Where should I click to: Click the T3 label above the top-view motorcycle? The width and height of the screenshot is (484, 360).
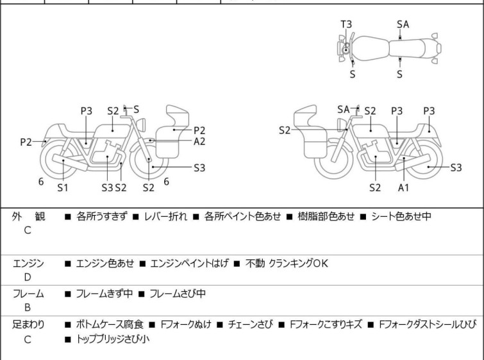[x=346, y=24]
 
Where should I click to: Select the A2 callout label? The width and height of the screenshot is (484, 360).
[x=199, y=142]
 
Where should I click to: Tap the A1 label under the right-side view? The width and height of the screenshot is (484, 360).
[x=403, y=187]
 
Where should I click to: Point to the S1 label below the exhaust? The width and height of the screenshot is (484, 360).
[x=63, y=187]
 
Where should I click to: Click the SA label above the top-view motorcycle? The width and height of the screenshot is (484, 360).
[x=403, y=24]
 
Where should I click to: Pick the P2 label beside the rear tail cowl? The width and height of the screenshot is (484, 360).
[x=26, y=142]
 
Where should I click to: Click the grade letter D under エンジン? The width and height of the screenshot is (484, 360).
[x=28, y=277]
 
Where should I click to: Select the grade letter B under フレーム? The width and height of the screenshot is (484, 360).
[x=28, y=307]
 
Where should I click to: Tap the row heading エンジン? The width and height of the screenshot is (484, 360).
[x=28, y=263]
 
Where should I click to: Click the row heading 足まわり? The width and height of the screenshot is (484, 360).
[x=28, y=325]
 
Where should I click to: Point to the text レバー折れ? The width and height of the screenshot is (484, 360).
[x=166, y=216]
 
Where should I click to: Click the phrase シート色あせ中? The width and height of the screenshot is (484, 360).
[x=401, y=216]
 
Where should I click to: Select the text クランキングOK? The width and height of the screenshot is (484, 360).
[x=298, y=263]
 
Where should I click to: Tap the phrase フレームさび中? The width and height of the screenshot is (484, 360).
[x=178, y=293]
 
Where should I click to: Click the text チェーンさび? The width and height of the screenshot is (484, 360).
[x=251, y=325]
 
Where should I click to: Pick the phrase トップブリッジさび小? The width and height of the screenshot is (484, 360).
[x=113, y=339]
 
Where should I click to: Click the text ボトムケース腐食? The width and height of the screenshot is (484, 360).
[x=110, y=325]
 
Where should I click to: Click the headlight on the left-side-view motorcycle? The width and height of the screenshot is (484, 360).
[x=141, y=124]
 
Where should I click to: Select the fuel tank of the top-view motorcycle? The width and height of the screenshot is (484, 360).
[x=370, y=49]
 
